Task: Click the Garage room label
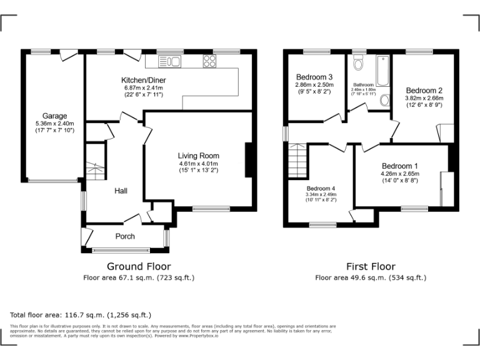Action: (54, 116)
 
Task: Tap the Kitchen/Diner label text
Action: (142, 81)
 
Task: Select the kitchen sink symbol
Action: (169, 61)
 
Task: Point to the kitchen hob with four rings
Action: (209, 61)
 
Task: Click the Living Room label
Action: (198, 156)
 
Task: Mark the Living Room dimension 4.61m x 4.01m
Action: (198, 163)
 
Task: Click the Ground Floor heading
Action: (139, 266)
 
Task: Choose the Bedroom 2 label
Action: (424, 90)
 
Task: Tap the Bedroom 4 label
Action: (321, 188)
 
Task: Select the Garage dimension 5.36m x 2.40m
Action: (54, 123)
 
